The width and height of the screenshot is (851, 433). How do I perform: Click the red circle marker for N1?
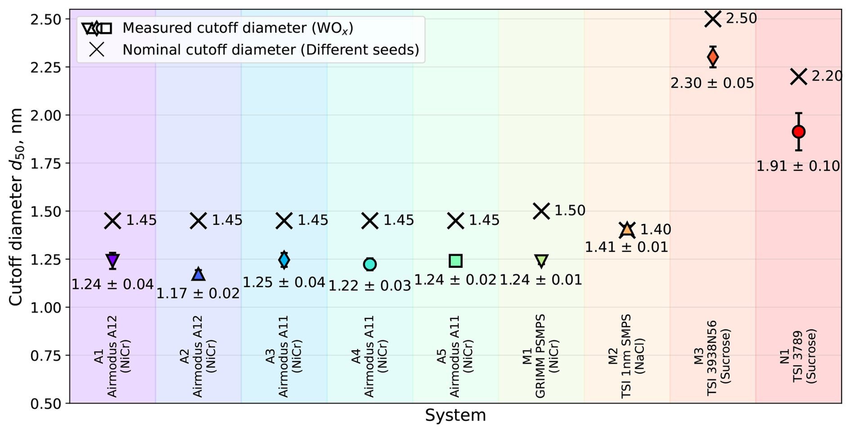tap(798, 132)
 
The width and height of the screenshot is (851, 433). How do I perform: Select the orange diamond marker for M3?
tap(712, 57)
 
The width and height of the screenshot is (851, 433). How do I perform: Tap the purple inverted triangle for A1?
tap(113, 261)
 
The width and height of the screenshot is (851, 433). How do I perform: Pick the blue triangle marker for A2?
tap(198, 274)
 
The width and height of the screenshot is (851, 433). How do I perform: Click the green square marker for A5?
tap(456, 261)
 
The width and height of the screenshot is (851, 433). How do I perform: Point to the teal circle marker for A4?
tap(370, 264)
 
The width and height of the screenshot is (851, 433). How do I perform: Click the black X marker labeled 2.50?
tap(713, 19)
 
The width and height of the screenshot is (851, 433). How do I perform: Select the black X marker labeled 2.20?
tap(798, 77)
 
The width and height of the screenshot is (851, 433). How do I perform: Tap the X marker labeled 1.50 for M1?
tap(542, 211)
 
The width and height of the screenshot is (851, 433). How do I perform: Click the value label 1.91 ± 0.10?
tap(798, 167)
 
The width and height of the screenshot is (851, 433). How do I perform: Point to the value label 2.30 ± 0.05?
tap(712, 83)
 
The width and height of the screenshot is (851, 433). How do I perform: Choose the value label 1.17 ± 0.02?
tap(198, 294)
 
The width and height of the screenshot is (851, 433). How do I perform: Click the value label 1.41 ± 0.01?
tap(627, 247)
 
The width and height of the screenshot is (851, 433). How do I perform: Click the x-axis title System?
tap(455, 415)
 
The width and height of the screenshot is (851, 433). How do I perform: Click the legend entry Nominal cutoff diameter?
tap(270, 50)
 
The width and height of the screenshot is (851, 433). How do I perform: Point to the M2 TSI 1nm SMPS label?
tap(626, 356)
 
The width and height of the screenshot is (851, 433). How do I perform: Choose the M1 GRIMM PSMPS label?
tap(540, 356)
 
